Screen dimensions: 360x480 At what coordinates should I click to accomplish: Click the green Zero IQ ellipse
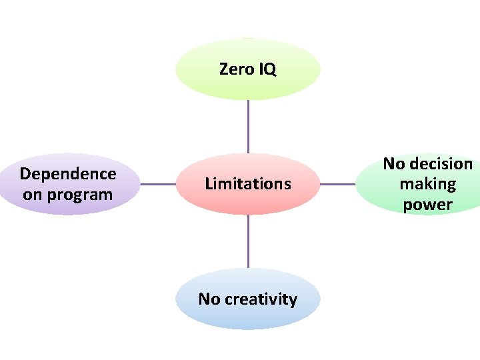(x=248, y=87)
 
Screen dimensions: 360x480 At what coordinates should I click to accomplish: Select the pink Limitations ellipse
(x=248, y=200)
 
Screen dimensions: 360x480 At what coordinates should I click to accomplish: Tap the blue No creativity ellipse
(x=248, y=315)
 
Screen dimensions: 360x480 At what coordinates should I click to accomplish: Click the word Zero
(x=235, y=69)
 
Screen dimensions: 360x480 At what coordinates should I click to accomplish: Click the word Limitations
(x=248, y=183)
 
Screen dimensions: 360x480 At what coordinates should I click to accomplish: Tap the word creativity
(x=261, y=299)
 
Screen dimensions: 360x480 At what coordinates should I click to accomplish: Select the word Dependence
(x=68, y=174)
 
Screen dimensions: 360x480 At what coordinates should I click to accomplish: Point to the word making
(x=427, y=184)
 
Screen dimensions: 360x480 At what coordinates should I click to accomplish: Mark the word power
(x=427, y=204)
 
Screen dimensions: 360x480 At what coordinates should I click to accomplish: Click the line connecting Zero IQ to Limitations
(x=248, y=127)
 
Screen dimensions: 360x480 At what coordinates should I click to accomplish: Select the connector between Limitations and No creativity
(x=248, y=241)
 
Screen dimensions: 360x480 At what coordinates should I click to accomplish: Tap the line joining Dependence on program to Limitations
(x=158, y=184)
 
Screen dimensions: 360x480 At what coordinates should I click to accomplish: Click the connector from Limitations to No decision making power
(x=338, y=184)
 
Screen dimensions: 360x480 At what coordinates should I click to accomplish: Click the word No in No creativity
(x=209, y=299)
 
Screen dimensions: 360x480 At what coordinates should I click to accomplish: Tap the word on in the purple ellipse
(x=31, y=195)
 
